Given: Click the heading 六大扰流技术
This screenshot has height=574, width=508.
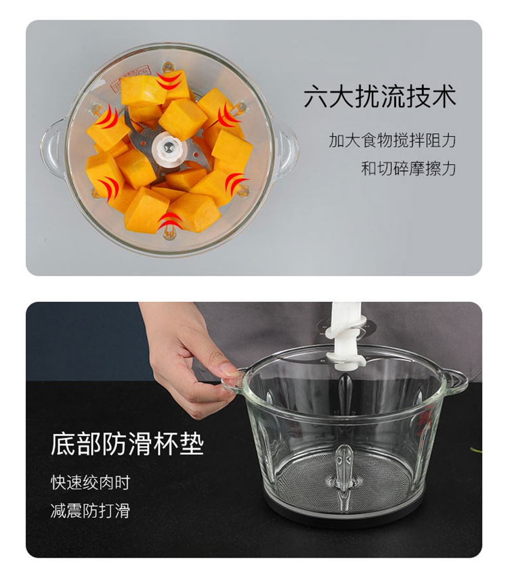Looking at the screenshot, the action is click(380, 96).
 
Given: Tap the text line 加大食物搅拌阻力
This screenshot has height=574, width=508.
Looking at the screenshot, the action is click(392, 141).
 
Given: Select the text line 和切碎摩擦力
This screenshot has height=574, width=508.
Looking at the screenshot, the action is click(408, 169).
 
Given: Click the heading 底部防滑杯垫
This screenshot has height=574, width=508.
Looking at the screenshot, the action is click(127, 444).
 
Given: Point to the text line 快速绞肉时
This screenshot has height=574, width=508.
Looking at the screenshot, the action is click(91, 483).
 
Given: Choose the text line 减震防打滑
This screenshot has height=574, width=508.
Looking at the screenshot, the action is click(91, 510).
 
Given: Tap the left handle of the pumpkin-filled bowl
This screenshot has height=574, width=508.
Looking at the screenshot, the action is click(53, 149).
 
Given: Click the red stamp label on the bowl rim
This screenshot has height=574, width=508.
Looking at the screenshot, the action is click(131, 75).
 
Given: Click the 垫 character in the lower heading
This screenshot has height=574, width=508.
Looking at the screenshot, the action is click(192, 444).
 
